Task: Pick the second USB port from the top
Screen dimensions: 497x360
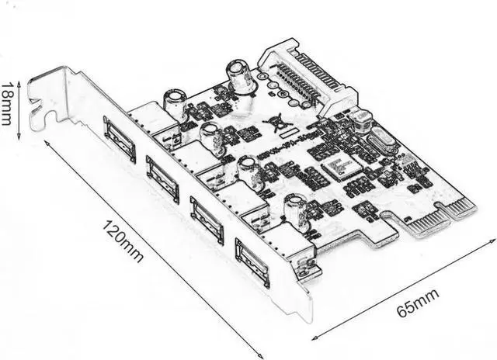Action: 162,178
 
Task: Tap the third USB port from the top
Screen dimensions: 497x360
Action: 207,220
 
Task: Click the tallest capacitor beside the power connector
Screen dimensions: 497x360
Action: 238,78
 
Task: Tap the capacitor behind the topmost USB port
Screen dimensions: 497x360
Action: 173,99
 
